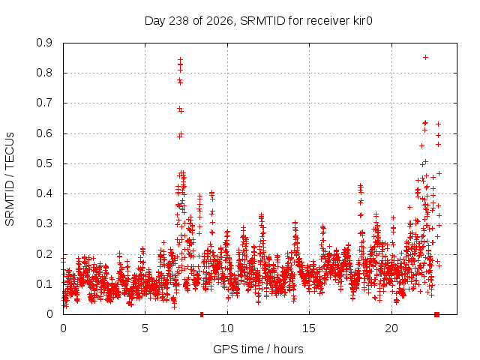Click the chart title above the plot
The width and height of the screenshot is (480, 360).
[x=258, y=21]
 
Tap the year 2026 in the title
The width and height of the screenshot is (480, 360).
[x=220, y=21]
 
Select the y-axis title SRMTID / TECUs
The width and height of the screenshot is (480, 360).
[x=10, y=179]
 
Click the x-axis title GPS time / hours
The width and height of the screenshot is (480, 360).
[x=258, y=349]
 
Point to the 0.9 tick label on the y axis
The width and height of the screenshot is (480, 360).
[x=44, y=43]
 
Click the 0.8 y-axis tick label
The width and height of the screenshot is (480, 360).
[x=44, y=73]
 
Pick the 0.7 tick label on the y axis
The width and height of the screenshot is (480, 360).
[x=44, y=103]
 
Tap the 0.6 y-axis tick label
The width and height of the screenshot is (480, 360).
[x=44, y=133]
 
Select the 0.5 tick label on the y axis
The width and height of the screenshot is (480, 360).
[x=44, y=163]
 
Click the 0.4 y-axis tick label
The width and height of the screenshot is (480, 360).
[x=44, y=193]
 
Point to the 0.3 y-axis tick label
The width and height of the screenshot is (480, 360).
[x=44, y=223]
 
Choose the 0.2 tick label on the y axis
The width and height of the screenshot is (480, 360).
[x=44, y=253]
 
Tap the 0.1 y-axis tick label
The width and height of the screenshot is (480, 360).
[x=44, y=284]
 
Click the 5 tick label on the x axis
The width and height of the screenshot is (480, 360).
[x=145, y=328]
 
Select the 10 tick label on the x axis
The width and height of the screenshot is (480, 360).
[x=227, y=328]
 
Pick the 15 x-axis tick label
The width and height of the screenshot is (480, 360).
[x=309, y=328]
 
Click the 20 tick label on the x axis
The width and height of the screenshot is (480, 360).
[x=391, y=328]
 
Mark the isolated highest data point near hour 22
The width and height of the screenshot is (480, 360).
[x=425, y=57]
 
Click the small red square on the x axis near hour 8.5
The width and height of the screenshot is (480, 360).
[x=202, y=315]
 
